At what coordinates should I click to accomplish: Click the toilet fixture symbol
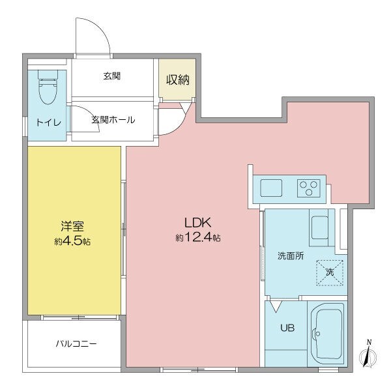(x=47, y=89)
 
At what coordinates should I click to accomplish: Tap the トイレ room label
(x=47, y=121)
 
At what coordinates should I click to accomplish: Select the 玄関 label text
(x=112, y=76)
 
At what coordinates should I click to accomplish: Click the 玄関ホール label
(x=113, y=119)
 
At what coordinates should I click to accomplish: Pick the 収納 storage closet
(x=177, y=80)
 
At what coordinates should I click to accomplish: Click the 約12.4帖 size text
(x=197, y=238)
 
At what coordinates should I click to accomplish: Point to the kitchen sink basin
(x=271, y=189)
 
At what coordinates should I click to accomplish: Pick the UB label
(x=287, y=328)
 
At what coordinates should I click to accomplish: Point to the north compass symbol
(x=368, y=355)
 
